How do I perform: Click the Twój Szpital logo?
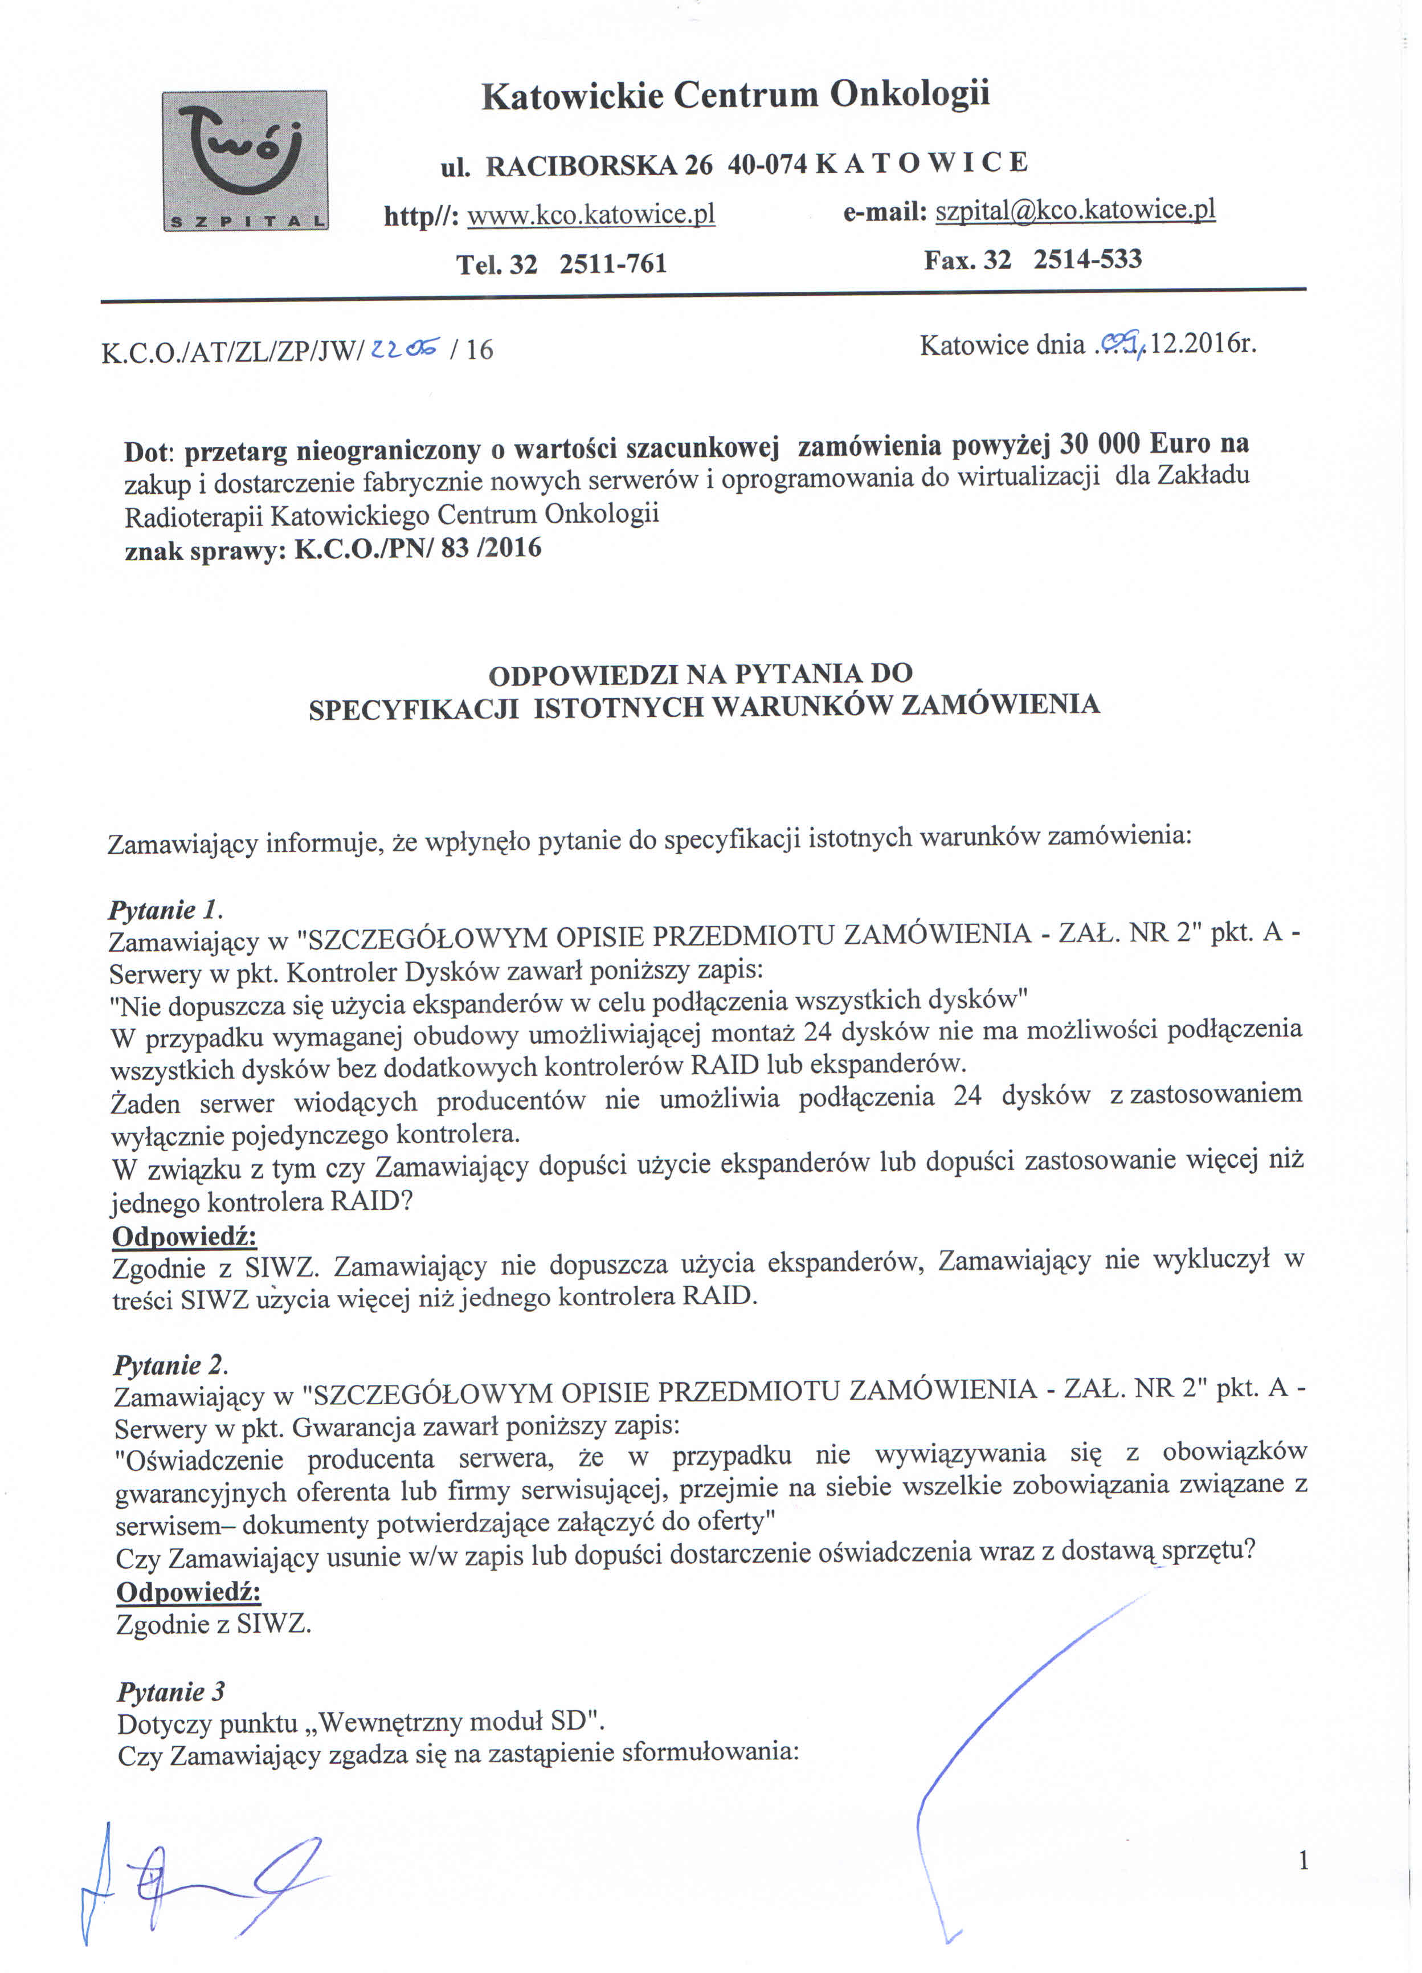click(x=246, y=160)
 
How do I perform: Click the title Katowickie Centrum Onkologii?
click(x=736, y=95)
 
